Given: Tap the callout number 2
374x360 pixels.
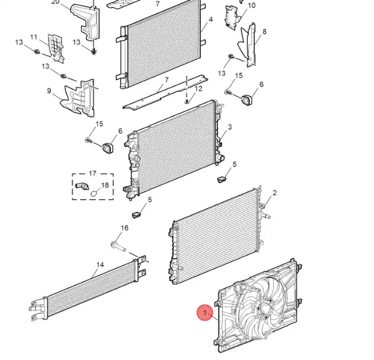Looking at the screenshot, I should point(274,192).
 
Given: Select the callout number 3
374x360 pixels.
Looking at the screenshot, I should point(230,127).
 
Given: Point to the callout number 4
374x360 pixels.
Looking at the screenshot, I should point(211,20).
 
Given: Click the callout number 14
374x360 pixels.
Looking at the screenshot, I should point(100,265).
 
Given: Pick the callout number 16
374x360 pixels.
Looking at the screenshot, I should point(124,228).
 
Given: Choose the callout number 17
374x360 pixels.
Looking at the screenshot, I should point(93,173).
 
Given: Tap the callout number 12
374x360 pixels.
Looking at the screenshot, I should point(199,89).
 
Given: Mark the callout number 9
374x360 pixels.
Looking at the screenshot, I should point(49,90).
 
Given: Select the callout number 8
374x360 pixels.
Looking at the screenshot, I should point(264,31).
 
